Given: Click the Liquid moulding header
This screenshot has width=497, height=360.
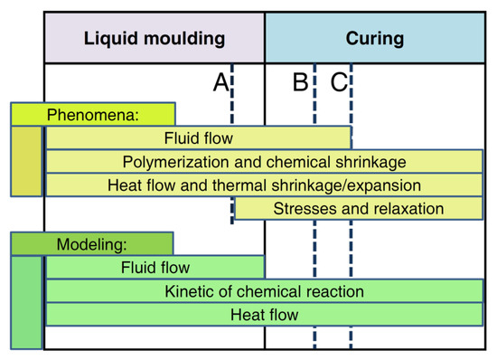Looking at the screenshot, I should pos(154,38).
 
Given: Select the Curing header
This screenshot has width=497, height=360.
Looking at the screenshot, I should pos(374,38).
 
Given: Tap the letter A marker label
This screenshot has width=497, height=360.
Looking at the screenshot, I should pos(220,83).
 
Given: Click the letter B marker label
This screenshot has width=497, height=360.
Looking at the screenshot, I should pos(301,83).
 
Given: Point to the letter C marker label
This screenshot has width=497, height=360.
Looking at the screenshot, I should pos(338,83).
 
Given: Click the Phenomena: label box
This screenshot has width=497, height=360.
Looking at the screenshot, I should pos(92,115).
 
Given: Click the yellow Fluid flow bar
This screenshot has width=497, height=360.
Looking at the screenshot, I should pos(198,138).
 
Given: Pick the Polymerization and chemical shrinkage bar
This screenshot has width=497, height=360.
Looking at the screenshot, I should pos(264,162).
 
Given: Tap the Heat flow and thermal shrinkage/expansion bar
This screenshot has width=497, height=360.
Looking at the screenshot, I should pos(264,185).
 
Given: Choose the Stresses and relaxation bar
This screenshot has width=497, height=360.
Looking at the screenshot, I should pos(358,209).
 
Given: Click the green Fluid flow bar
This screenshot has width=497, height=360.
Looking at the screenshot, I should pos(155,268).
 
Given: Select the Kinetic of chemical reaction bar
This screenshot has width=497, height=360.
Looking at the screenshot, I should pos(264,291).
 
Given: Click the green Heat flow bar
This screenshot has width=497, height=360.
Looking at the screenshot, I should pos(264,315).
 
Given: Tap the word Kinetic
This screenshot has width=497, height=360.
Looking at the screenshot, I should pos(188,291).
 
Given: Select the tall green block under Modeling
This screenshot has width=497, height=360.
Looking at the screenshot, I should pos(27,302).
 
